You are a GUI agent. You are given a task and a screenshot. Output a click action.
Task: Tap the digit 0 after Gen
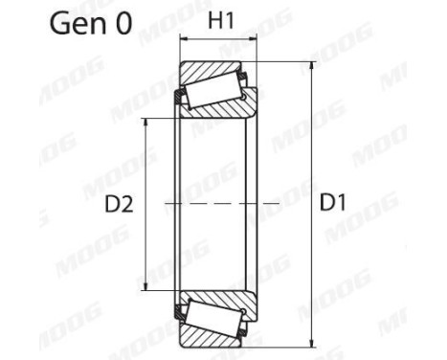click(123, 25)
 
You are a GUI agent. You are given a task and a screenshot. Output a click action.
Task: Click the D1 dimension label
click(335, 203)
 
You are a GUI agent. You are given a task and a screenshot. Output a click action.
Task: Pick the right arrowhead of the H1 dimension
click(255, 42)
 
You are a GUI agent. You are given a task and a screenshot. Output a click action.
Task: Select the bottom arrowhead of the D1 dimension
click(312, 341)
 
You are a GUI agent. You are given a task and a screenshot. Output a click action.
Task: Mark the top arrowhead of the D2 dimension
click(145, 123)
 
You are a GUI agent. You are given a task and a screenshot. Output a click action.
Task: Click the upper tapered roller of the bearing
click(214, 91)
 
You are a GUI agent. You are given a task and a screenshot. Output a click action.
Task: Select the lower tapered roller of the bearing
click(214, 315)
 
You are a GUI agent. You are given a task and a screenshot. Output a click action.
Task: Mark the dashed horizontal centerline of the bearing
click(220, 203)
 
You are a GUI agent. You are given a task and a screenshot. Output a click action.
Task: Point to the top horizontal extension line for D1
click(287, 62)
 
